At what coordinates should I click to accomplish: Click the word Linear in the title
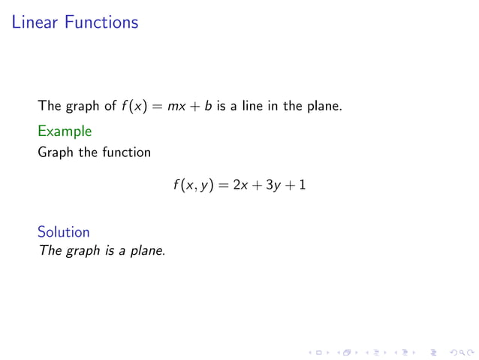click(x=35, y=23)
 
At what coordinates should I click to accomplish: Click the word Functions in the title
click(x=101, y=23)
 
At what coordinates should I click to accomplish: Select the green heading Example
click(x=65, y=132)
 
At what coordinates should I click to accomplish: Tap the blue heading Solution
click(x=64, y=232)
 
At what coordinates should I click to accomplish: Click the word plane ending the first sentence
click(x=324, y=106)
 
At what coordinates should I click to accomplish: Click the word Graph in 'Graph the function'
click(x=54, y=153)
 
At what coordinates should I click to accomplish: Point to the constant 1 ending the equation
click(x=302, y=185)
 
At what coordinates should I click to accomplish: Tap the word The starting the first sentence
click(x=49, y=106)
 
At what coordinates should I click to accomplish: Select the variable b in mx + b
click(x=208, y=106)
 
